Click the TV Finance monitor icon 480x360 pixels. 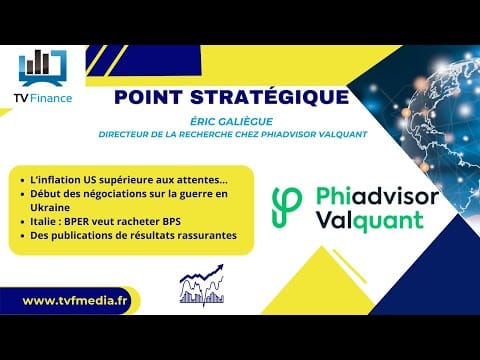[x=43, y=69]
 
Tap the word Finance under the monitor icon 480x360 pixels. [x=51, y=98]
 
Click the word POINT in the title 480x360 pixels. [x=148, y=97]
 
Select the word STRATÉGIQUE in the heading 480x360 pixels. [x=269, y=96]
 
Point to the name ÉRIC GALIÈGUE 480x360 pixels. [x=231, y=121]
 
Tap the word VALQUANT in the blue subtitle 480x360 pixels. [x=343, y=134]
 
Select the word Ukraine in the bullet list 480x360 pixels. [x=50, y=207]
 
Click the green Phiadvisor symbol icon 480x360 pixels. [x=287, y=208]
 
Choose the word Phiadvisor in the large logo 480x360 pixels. [x=377, y=197]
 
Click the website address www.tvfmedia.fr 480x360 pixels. [x=75, y=301]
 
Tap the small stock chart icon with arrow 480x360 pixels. [x=202, y=285]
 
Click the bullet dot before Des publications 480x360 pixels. [x=23, y=236]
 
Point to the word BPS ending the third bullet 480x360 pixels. [x=172, y=221]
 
